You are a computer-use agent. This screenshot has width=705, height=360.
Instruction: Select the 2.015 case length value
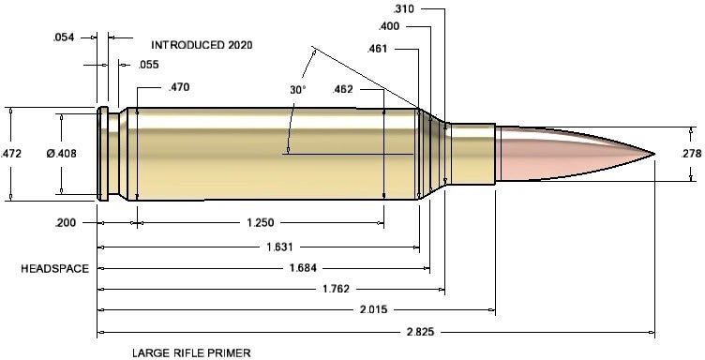(x=374, y=308)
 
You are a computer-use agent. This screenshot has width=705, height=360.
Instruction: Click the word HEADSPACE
(x=55, y=269)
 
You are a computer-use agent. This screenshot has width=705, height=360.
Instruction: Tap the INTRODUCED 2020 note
(x=202, y=44)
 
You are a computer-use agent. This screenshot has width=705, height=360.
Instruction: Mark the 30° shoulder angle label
(x=297, y=90)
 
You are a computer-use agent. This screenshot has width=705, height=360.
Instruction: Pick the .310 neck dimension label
(x=405, y=8)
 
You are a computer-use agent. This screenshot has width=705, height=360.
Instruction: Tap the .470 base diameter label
(x=177, y=88)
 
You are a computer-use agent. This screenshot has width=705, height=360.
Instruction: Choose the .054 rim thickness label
(x=63, y=37)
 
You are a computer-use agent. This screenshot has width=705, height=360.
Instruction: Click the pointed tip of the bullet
(x=654, y=152)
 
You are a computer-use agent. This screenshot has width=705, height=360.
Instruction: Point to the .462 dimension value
(x=344, y=90)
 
